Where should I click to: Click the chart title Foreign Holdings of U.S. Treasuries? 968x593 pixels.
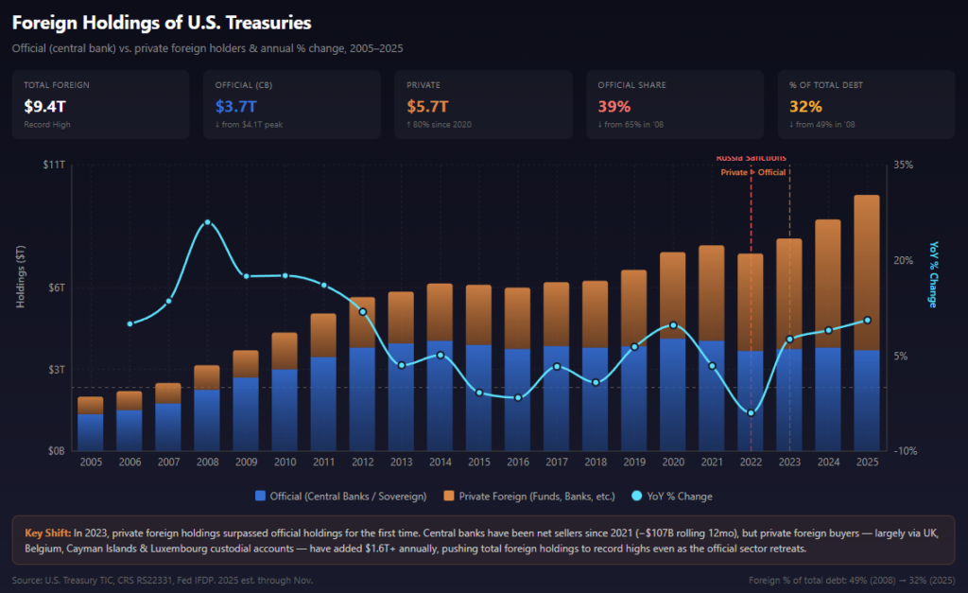pos(162,22)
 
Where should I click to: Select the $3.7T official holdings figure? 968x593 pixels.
pos(235,105)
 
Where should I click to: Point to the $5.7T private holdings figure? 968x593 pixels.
pos(427,105)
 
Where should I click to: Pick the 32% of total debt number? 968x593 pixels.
pos(804,105)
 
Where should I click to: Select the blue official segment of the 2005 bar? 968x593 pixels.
pos(91,431)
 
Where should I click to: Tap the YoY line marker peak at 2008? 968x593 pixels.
pos(208,222)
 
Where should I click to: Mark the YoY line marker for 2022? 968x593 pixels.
pos(751,413)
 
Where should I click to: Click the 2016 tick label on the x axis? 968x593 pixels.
pos(517,462)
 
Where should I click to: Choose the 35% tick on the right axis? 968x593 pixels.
pos(903,165)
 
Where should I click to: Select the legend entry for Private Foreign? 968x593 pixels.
pos(536,496)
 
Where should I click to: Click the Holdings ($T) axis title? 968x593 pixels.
pos(22,275)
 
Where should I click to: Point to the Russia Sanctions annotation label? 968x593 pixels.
pos(751,158)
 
